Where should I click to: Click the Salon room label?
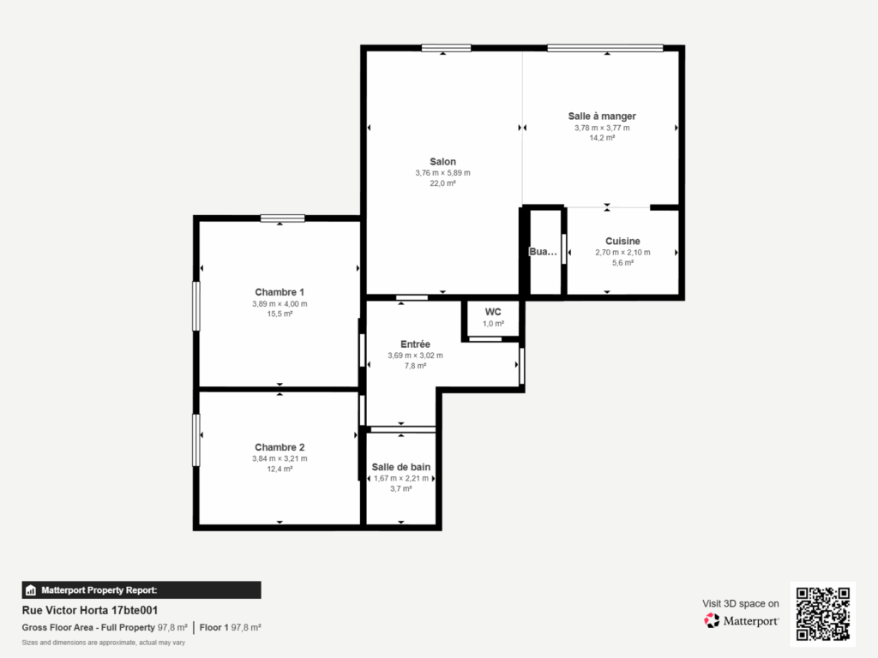[x=443, y=162]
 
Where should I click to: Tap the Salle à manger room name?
[x=602, y=117]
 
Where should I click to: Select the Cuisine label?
[x=622, y=241]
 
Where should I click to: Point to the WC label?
[x=493, y=312]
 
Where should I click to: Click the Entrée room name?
[x=416, y=344]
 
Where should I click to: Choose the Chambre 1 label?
[x=280, y=292]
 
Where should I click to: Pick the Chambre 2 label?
[x=280, y=447]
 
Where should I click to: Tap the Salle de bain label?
[x=401, y=467]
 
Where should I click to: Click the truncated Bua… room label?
[x=543, y=252]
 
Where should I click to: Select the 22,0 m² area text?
[x=443, y=183]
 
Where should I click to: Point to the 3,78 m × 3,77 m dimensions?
[x=602, y=129]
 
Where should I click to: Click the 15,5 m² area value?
[x=280, y=314]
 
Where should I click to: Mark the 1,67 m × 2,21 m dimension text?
[x=401, y=478]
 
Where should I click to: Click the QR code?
[x=823, y=613]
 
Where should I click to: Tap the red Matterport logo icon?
[x=712, y=620]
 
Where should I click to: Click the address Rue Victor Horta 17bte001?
[x=89, y=610]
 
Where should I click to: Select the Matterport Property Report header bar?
[x=141, y=590]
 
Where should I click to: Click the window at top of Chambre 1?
[x=282, y=218]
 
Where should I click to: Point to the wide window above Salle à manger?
[x=605, y=48]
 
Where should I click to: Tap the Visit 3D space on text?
[x=740, y=604]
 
